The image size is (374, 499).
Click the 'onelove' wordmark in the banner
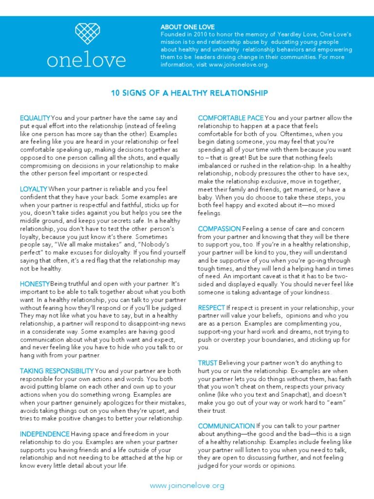86,60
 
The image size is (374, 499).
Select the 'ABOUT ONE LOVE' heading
187,27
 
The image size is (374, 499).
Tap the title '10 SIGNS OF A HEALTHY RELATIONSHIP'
187,93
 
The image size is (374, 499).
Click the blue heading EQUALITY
35,118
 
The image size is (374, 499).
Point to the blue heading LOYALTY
33,189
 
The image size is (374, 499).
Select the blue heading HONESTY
35,284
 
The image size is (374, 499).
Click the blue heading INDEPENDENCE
44,434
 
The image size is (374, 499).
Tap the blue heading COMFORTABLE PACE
231,118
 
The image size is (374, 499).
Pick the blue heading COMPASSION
219,229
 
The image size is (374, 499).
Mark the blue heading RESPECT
211,308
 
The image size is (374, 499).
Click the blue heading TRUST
207,363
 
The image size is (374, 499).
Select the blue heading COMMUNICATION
226,426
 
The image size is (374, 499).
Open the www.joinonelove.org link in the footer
187,485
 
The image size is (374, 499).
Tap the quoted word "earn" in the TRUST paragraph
335,403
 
